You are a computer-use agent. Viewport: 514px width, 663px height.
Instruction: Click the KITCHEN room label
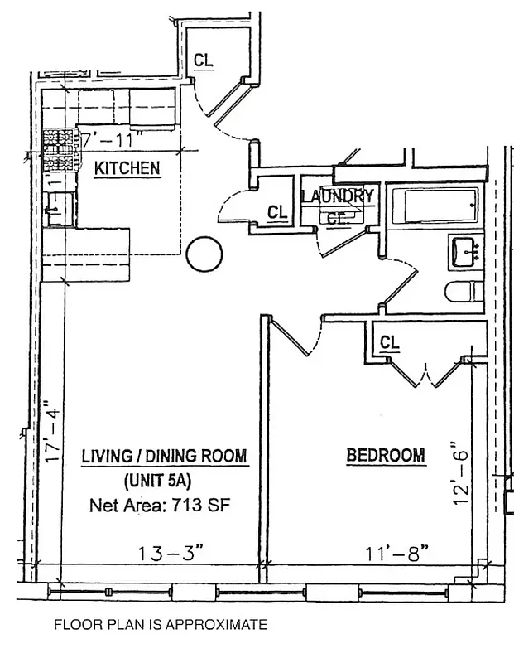tap(127, 168)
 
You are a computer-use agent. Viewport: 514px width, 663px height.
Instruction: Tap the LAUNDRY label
tap(337, 196)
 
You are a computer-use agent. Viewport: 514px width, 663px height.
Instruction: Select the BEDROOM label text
tap(385, 455)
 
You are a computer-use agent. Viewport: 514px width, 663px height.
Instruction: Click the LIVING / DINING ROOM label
tap(164, 456)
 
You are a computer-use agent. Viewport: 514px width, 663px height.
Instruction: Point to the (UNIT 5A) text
tap(163, 480)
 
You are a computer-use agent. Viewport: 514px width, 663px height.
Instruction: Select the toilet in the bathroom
tap(464, 293)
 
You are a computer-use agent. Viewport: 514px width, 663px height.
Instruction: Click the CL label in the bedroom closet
tap(389, 342)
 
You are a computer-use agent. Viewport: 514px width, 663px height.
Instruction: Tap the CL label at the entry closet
tap(203, 60)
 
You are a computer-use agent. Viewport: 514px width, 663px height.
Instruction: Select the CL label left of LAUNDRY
tap(277, 213)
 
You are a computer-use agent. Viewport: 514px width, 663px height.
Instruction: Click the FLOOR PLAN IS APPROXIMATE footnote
tap(161, 624)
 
